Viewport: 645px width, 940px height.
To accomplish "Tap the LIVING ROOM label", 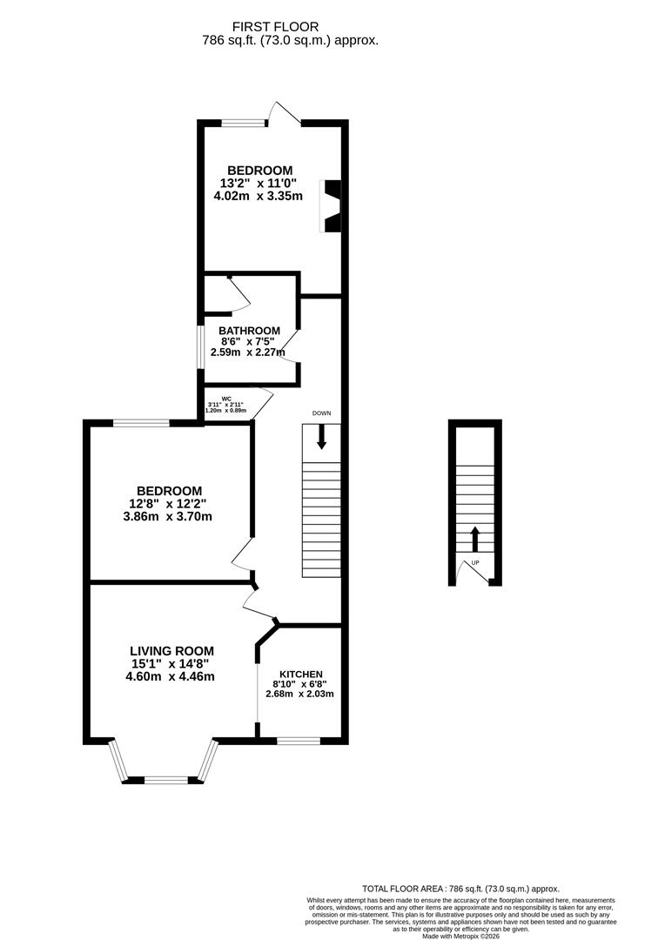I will click(171, 650).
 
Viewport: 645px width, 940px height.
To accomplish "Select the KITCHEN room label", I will click(301, 674).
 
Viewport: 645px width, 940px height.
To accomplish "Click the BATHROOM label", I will click(249, 331).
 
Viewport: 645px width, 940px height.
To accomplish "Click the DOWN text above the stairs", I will click(321, 413).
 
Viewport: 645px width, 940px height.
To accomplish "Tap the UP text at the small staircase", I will click(475, 563).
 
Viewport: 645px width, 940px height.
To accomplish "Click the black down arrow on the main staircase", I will click(321, 437).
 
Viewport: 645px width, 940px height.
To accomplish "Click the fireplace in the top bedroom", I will click(332, 206).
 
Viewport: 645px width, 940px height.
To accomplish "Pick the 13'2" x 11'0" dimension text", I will click(259, 184).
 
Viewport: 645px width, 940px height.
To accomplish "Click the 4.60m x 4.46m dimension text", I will click(171, 675).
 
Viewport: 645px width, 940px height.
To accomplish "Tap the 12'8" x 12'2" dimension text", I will click(168, 503).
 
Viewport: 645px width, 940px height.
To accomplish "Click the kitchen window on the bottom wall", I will click(298, 741).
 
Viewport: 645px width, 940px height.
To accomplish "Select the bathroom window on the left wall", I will click(199, 346).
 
